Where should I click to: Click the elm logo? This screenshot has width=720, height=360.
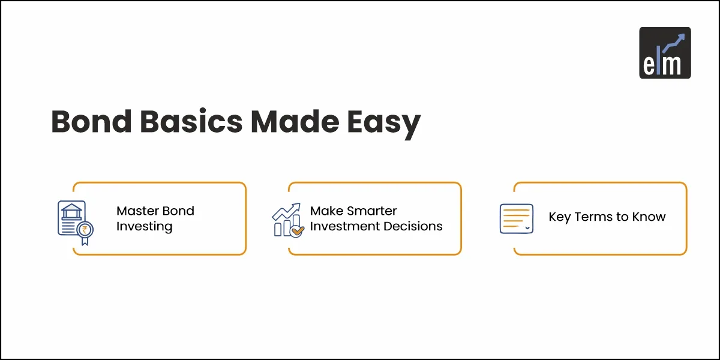[x=665, y=53]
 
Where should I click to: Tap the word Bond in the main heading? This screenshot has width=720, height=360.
[x=91, y=121]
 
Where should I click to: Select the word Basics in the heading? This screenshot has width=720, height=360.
[x=191, y=121]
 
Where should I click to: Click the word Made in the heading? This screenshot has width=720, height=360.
[x=295, y=121]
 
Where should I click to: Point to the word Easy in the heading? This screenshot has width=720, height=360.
[x=384, y=124]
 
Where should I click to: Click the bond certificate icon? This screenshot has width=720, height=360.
[x=76, y=223]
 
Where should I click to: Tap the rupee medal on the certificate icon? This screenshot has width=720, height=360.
[x=85, y=233]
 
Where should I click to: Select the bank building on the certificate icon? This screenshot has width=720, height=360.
[x=71, y=211]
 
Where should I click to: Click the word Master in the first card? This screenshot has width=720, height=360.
[x=137, y=211]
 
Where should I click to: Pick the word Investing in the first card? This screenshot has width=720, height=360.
[x=145, y=227]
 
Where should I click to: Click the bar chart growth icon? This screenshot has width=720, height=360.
[x=288, y=220]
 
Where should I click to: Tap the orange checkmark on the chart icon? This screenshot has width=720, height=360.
[x=298, y=231]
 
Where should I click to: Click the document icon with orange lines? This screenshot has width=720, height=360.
[x=517, y=218]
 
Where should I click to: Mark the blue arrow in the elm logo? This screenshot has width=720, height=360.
[x=674, y=43]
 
